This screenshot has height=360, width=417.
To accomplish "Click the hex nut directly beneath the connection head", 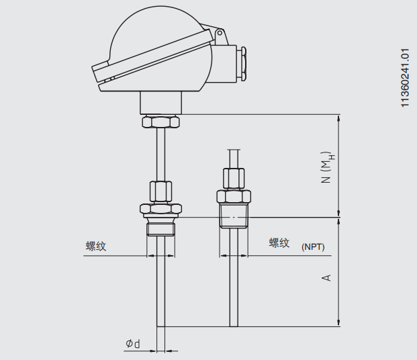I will pos(160,123).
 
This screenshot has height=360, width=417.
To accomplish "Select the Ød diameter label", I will pos(133,344).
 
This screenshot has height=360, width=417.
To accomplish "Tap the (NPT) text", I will pos(313,246).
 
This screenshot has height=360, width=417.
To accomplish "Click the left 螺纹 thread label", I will pos(96,246).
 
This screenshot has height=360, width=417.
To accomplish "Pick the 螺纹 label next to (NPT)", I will pos(279,243).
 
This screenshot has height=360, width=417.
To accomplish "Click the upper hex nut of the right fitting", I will pos(233,179).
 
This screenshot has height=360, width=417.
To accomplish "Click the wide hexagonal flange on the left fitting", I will pos(160,209).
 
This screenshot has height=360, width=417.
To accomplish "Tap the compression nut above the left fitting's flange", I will pos(160,191).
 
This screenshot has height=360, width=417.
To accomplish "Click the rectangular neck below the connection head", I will pos(160,103).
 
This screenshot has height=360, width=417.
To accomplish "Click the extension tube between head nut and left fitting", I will pos(160,154).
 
